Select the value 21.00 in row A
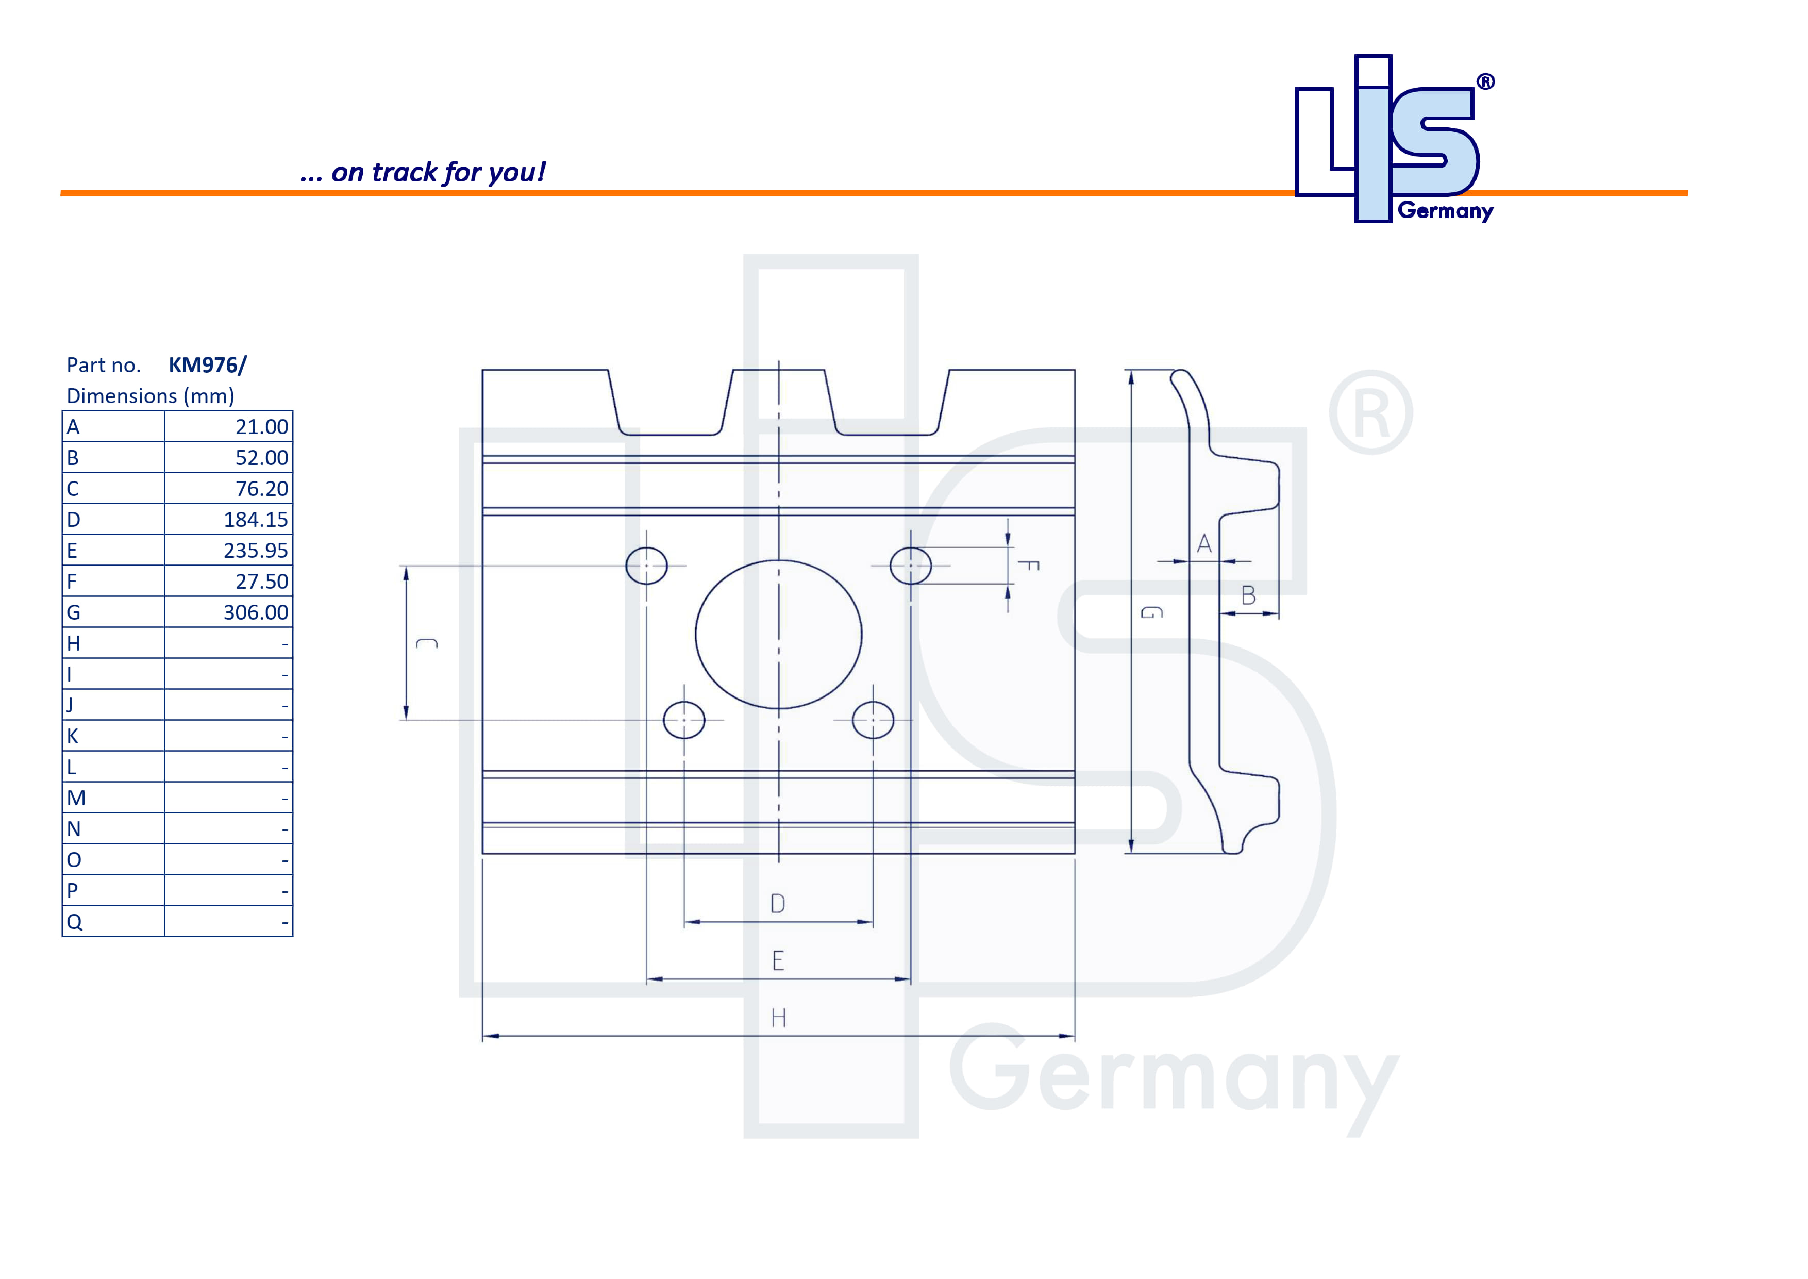click(x=261, y=427)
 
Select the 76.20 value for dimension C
click(x=261, y=489)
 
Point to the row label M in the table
click(x=76, y=798)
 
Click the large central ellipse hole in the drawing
click(x=778, y=634)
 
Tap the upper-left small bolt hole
click(x=646, y=566)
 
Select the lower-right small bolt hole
click(x=873, y=720)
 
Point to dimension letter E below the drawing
click(x=778, y=961)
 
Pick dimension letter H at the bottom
click(x=778, y=1018)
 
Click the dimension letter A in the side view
click(x=1203, y=543)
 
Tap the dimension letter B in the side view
click(x=1248, y=595)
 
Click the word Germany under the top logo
click(x=1445, y=211)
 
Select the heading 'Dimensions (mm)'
click(x=150, y=396)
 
